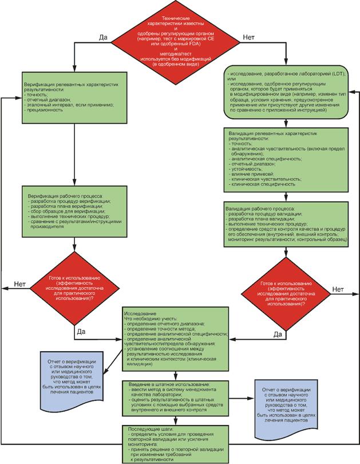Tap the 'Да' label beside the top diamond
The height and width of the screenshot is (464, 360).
tap(104, 37)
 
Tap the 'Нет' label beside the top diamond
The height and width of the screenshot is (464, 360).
tap(249, 37)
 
